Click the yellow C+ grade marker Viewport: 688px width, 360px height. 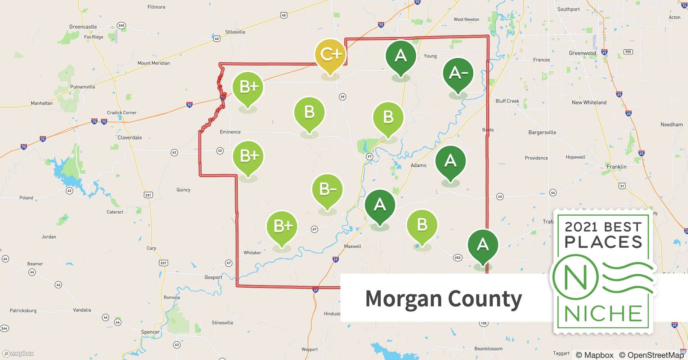330,55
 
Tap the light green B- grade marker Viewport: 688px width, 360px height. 327,190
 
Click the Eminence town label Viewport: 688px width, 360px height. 230,132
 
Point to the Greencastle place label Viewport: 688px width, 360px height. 83,27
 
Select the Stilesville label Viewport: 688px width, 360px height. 235,32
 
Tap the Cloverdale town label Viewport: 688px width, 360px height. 130,138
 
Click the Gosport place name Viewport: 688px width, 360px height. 213,278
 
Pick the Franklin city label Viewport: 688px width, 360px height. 616,167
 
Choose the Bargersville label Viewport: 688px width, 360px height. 542,132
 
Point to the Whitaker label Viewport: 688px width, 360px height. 252,253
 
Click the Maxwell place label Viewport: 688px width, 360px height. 353,247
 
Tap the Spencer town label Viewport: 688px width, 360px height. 150,332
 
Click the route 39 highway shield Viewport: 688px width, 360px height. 342,96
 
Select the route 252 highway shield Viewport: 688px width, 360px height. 457,257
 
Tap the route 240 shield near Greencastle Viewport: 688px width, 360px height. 121,25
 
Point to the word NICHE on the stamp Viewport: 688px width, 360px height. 603,314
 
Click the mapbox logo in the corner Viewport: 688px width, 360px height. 18,354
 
